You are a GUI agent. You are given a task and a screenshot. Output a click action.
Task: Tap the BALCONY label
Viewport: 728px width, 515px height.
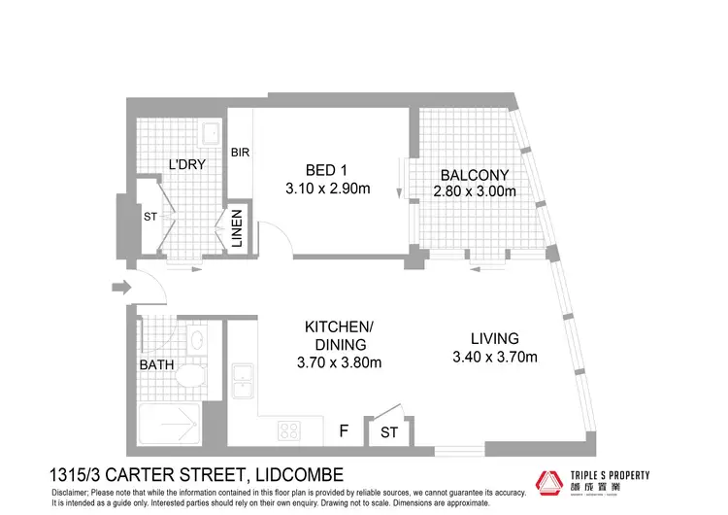click(475, 175)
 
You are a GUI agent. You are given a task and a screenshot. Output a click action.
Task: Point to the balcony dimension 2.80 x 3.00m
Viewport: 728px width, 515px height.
click(475, 192)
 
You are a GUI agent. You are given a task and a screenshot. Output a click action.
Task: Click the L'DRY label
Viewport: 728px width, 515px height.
click(187, 164)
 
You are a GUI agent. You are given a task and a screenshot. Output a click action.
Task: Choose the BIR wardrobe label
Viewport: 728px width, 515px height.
click(241, 153)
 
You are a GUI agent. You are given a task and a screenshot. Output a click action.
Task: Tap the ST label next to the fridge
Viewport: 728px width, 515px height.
click(389, 431)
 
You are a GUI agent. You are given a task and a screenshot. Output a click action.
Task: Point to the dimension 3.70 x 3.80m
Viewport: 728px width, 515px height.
click(338, 362)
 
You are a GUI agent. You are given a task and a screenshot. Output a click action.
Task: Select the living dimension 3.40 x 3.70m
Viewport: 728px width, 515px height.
click(494, 357)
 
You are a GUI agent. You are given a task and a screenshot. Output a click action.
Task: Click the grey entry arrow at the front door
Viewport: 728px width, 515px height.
click(120, 287)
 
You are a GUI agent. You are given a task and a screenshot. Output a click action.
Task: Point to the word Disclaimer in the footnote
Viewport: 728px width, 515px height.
click(72, 494)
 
